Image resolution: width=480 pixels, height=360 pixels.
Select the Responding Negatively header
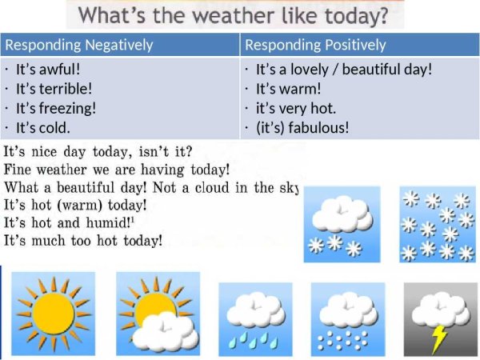(x=78, y=45)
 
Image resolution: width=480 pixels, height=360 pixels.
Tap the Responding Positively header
(x=315, y=45)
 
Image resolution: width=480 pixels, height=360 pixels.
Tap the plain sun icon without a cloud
(x=53, y=314)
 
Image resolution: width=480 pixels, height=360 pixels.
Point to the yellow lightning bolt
(x=438, y=338)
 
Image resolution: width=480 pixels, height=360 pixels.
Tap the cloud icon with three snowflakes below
(x=337, y=225)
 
